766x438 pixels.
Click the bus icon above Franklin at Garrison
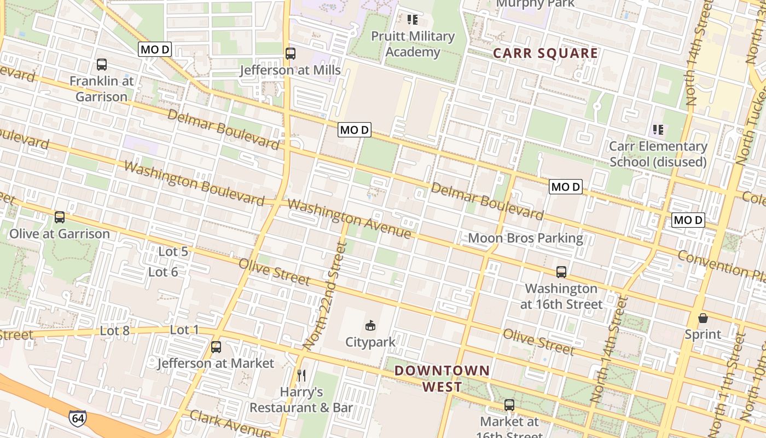point(102,65)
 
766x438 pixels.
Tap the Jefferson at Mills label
point(290,70)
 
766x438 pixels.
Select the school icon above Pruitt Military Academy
point(413,20)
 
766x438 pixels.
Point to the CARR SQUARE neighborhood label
point(545,54)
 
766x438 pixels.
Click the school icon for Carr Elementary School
point(658,130)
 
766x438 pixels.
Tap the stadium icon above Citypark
point(370,326)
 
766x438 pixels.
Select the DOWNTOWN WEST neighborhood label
point(442,378)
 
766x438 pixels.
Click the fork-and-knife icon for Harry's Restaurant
point(301,376)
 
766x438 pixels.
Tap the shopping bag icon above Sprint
point(703,318)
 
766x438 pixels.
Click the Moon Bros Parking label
point(525,238)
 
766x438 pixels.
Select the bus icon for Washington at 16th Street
point(561,272)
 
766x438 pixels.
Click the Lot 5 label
point(173,252)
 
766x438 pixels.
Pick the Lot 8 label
point(115,330)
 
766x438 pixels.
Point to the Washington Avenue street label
point(349,218)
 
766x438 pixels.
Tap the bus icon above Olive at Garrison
point(60,217)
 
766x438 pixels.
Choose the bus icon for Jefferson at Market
point(216,347)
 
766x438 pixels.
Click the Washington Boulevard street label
point(194,183)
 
